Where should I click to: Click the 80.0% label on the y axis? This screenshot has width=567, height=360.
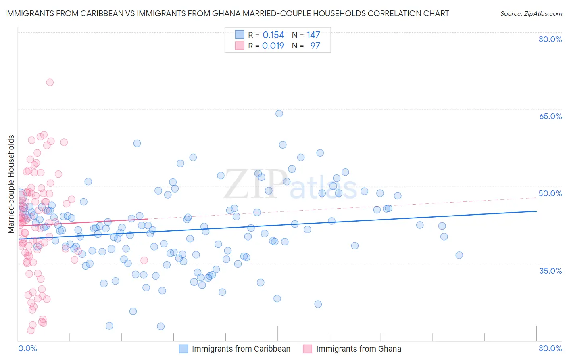point(550,39)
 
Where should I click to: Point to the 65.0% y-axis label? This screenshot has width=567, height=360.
point(550,116)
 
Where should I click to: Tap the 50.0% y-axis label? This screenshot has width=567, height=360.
point(550,193)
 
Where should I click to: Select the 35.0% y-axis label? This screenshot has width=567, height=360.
point(550,271)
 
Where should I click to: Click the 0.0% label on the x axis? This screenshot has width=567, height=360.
point(27,348)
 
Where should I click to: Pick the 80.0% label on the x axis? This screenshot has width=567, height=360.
point(550,348)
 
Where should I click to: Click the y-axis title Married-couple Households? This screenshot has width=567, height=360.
point(11,184)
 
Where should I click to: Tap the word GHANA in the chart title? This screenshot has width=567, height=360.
point(258,13)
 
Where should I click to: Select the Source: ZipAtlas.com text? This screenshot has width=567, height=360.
point(531,13)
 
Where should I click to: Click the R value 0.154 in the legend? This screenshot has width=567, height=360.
point(273,35)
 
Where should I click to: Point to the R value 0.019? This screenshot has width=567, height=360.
point(273,46)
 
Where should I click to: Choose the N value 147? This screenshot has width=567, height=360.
point(313,35)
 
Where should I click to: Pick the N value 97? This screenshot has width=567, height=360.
point(315,46)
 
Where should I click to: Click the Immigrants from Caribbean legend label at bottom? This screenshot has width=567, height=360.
point(241,349)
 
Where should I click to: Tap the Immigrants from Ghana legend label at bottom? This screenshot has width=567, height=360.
point(359,349)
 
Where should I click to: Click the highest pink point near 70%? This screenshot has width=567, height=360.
point(50,82)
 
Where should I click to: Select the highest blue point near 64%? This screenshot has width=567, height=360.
point(279,113)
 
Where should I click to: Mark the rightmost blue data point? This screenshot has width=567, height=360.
point(459,255)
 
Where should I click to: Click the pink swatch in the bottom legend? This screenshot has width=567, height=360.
point(308,349)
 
